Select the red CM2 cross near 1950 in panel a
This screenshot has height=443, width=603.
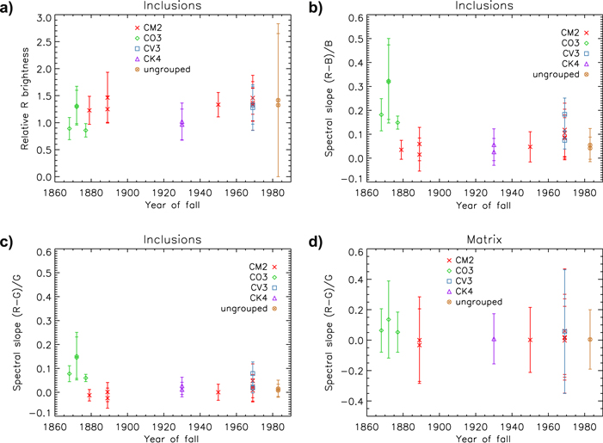(x=218, y=105)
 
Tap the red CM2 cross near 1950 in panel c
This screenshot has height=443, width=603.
(x=218, y=392)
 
